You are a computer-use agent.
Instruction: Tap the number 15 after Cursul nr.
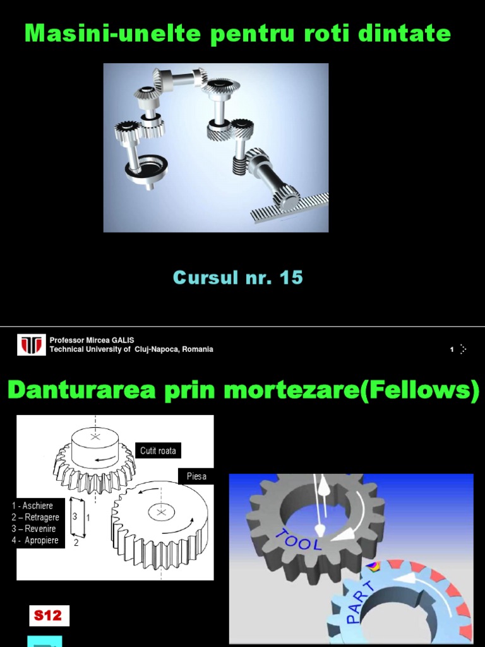tap(290, 277)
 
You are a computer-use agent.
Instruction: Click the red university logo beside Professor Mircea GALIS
tap(32, 345)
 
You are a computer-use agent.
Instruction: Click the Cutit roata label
tap(158, 450)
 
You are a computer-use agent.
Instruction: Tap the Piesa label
tap(196, 476)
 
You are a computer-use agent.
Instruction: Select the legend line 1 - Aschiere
tap(33, 505)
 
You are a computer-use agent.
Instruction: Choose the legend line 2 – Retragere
tap(35, 517)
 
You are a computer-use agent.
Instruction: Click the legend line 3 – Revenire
tap(34, 529)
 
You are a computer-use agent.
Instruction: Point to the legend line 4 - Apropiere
tap(35, 540)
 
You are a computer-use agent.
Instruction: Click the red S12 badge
tap(48, 615)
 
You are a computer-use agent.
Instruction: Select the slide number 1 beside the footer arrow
tap(452, 349)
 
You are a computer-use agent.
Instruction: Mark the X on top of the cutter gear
tap(95, 437)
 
